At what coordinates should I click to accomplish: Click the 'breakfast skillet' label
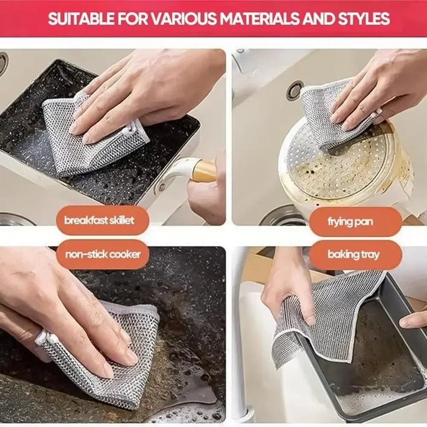click(x=99, y=221)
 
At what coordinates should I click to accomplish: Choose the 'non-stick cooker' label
click(x=102, y=255)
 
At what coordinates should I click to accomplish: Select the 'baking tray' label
click(x=353, y=255)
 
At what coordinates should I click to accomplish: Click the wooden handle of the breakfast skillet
click(x=204, y=171)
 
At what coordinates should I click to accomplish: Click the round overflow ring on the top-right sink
click(x=295, y=90)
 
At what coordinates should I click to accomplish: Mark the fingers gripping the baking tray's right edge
click(x=413, y=320)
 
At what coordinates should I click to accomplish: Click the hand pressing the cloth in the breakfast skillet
click(x=145, y=90)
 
